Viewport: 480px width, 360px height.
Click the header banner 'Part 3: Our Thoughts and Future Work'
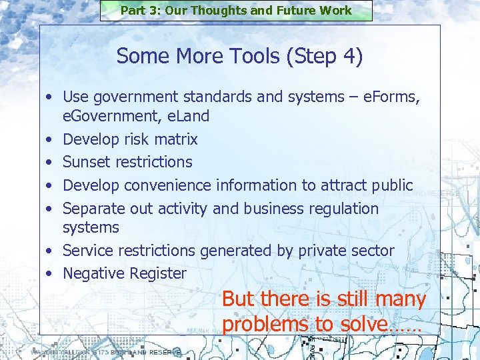click(x=236, y=11)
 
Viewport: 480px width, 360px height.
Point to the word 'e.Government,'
click(x=113, y=116)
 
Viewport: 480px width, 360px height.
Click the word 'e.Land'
click(x=188, y=116)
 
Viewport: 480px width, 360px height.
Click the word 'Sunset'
click(x=87, y=162)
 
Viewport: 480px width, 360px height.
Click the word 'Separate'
click(x=94, y=209)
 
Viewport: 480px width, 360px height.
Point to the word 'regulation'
click(x=343, y=209)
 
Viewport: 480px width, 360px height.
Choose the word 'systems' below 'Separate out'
click(x=91, y=227)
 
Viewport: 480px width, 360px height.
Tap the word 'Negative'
click(x=94, y=273)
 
